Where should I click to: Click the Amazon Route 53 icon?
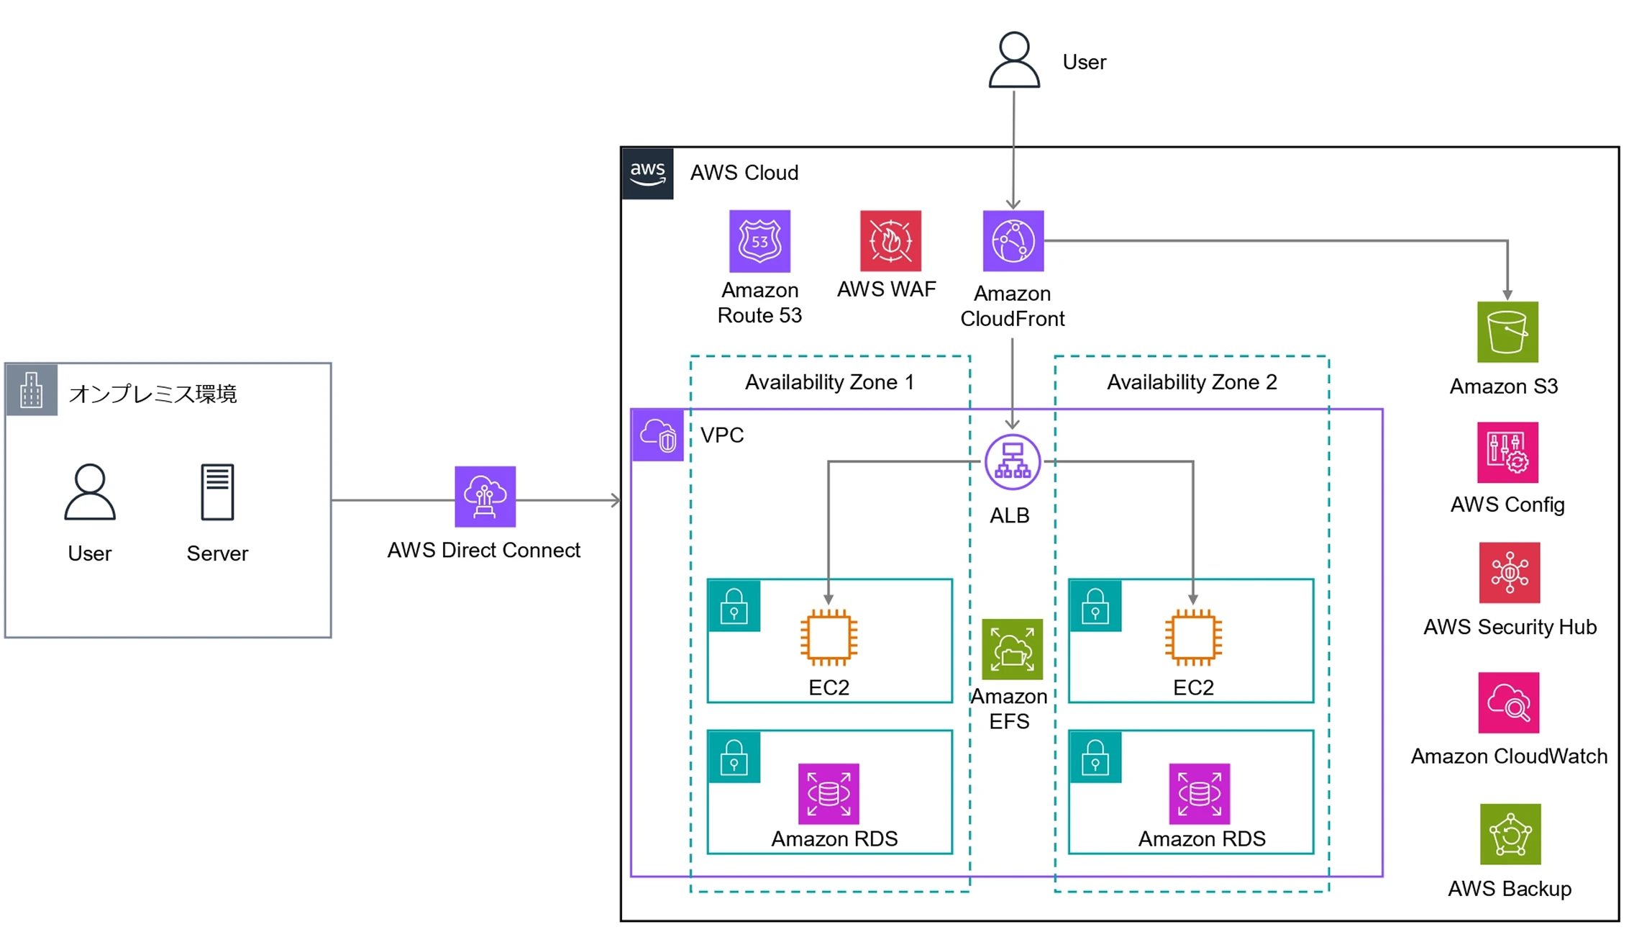(759, 241)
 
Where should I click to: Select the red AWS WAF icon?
(890, 241)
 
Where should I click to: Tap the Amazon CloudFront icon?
(1013, 241)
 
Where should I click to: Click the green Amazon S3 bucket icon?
(1507, 332)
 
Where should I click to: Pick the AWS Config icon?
(1507, 453)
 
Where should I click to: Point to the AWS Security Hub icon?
(1510, 573)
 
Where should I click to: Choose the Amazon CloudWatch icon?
(1509, 703)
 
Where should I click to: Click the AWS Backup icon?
(1510, 834)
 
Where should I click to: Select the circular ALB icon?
(1013, 462)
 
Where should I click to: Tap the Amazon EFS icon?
(1012, 649)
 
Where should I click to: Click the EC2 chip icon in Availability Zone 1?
(829, 637)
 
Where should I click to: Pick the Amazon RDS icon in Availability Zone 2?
(1200, 794)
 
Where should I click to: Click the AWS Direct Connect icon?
(485, 497)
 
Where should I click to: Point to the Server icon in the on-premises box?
(217, 492)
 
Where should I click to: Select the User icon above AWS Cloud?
(1014, 60)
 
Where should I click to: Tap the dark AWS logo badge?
(647, 173)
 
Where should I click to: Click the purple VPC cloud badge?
(657, 435)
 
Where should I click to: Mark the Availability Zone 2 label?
(1192, 382)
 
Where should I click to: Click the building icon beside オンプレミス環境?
(32, 390)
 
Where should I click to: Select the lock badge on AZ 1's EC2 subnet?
(734, 606)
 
